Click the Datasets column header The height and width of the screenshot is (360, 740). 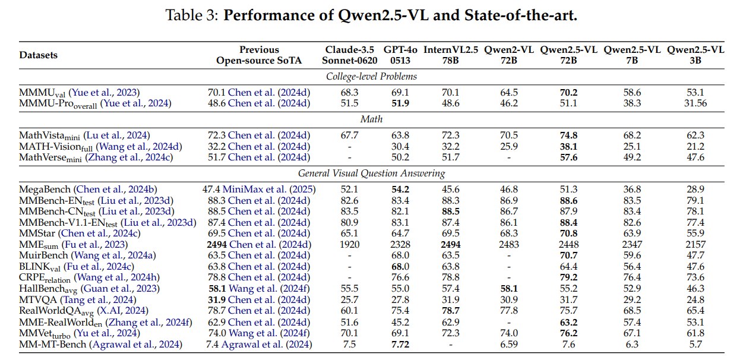pyautogui.click(x=39, y=55)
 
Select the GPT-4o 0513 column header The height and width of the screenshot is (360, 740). pyautogui.click(x=400, y=55)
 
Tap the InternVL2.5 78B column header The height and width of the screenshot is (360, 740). pyautogui.click(x=451, y=55)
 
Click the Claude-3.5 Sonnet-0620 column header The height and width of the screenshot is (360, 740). pyautogui.click(x=350, y=55)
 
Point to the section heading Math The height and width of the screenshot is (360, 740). pyautogui.click(x=371, y=119)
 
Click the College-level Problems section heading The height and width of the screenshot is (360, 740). pyautogui.click(x=371, y=77)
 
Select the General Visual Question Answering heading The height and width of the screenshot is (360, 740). pyautogui.click(x=371, y=173)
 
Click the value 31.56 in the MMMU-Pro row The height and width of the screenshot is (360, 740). pyautogui.click(x=695, y=103)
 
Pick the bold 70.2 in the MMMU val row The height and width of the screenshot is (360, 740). pyautogui.click(x=568, y=92)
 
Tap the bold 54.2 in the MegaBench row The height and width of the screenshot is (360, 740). pyautogui.click(x=400, y=190)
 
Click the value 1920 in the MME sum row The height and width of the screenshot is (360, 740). pyautogui.click(x=350, y=245)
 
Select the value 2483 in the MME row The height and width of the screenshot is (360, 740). pyautogui.click(x=509, y=245)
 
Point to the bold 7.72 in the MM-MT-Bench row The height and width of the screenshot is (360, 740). pyautogui.click(x=400, y=345)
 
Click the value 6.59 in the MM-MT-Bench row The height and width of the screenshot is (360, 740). pyautogui.click(x=509, y=345)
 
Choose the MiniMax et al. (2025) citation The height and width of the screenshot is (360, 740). pyautogui.click(x=269, y=190)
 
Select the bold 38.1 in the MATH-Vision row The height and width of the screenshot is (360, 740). pyautogui.click(x=568, y=147)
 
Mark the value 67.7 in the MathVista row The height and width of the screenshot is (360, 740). pyautogui.click(x=350, y=135)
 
